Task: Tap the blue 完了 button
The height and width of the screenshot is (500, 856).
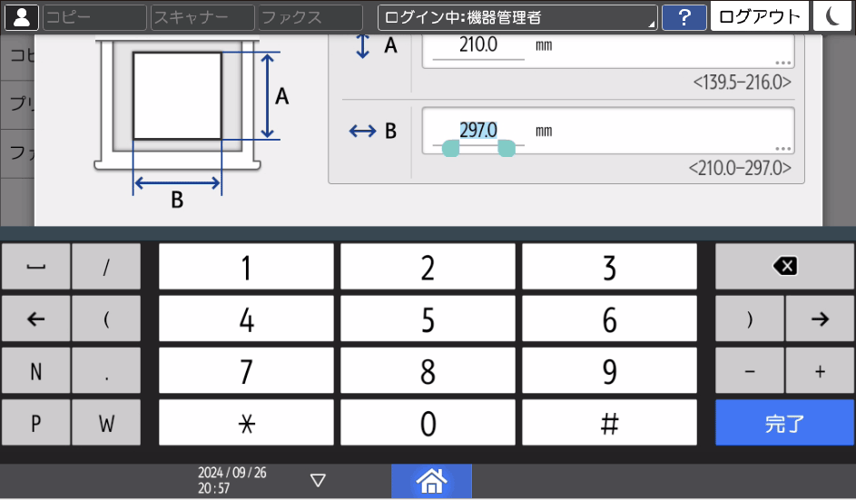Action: point(784,423)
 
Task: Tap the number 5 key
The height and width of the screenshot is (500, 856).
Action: point(428,319)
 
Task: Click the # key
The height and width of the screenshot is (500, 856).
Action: point(609,423)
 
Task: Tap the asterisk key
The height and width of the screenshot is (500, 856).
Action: point(246,423)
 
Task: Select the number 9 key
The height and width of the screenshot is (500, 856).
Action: point(609,371)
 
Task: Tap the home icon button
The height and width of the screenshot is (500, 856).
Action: point(431,480)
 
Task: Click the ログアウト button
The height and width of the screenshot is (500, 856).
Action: point(760,16)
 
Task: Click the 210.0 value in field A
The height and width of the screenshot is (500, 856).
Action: point(478,44)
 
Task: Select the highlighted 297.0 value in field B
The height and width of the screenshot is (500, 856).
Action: point(478,131)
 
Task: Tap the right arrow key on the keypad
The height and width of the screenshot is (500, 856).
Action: point(820,319)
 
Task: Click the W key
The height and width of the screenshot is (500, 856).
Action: point(106,423)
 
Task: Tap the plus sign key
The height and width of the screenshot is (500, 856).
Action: point(820,371)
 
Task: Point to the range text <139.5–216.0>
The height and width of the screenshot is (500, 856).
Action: point(742,83)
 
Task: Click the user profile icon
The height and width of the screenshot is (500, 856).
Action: point(21,17)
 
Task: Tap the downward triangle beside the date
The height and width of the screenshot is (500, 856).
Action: point(318,480)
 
